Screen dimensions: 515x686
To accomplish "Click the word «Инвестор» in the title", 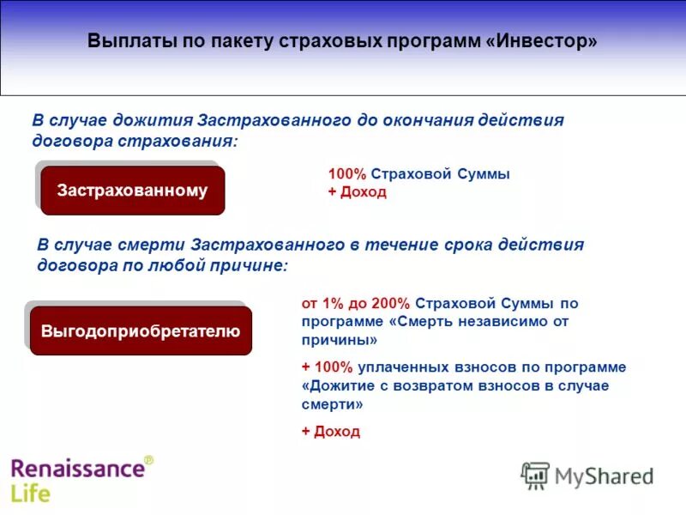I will coord(544,42).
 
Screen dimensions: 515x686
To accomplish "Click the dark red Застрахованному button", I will coord(132,191).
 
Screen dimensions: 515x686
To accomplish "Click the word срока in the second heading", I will coord(471,245).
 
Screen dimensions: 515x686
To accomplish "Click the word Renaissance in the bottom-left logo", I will coord(76,469).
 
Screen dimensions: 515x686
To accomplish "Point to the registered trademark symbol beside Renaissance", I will coord(148,461).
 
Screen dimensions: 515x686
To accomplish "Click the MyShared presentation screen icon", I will coord(535,476).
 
